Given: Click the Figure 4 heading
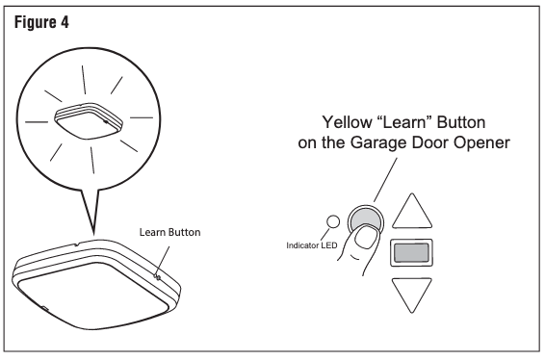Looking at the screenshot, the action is click(41, 22).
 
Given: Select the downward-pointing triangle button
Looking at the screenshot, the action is click(412, 294).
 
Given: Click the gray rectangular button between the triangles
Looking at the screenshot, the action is click(411, 252).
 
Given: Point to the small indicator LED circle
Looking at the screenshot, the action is click(333, 221).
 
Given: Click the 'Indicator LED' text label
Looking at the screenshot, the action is click(312, 245).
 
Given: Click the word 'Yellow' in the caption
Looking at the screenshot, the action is click(347, 122).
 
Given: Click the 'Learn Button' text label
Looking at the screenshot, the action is click(170, 232).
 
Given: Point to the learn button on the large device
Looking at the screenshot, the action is click(157, 277).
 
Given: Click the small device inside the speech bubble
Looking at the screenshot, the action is click(89, 120).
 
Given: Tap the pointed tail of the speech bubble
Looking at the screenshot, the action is click(93, 234).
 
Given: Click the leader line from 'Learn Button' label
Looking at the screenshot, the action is click(164, 260).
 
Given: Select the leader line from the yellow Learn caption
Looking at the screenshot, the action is click(385, 180).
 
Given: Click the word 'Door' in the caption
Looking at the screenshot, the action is click(429, 142).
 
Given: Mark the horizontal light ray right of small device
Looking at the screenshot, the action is click(142, 117).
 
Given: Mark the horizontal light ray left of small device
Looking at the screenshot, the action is click(37, 122).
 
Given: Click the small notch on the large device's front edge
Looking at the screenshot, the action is click(44, 307).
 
